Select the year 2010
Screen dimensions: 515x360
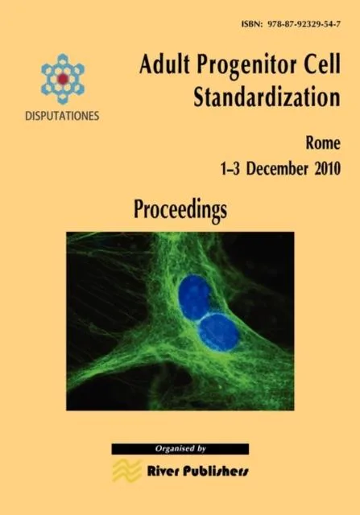320,170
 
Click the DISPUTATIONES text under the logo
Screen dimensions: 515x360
62,115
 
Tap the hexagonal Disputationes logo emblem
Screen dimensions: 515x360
63,79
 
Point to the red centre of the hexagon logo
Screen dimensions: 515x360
63,78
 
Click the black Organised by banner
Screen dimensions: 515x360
180,449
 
